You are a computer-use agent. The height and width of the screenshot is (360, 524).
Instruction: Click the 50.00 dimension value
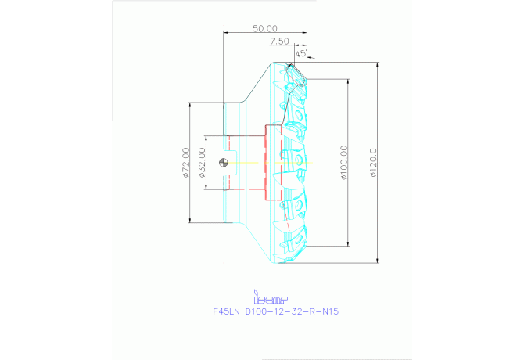pyautogui.click(x=265, y=28)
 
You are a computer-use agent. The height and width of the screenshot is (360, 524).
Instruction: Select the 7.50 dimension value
pyautogui.click(x=279, y=41)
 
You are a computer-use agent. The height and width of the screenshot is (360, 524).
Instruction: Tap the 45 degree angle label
pyautogui.click(x=300, y=54)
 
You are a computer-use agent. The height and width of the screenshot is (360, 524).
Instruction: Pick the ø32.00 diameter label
pyautogui.click(x=202, y=163)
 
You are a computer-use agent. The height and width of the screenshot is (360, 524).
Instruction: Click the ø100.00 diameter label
pyautogui.click(x=345, y=162)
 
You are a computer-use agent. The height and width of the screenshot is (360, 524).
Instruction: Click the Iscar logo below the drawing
pyautogui.click(x=271, y=297)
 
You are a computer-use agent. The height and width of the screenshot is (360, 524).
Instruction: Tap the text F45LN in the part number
pyautogui.click(x=228, y=311)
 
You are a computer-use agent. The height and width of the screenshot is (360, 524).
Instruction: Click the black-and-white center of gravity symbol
pyautogui.click(x=224, y=163)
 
